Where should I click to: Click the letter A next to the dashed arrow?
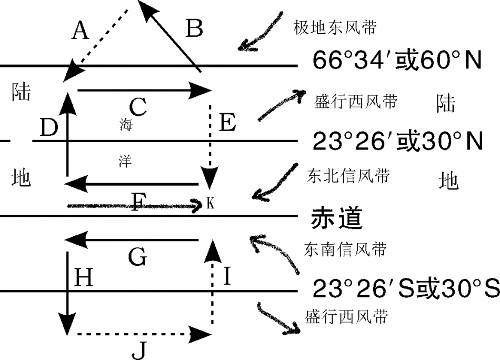pyautogui.click(x=80, y=31)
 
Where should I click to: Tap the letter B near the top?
pyautogui.click(x=194, y=29)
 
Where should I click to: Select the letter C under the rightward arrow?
pyautogui.click(x=137, y=108)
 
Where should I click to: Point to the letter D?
pyautogui.click(x=48, y=128)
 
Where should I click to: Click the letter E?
pyautogui.click(x=227, y=124)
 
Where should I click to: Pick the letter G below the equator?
pyautogui.click(x=137, y=258)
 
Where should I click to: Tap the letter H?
pyautogui.click(x=84, y=277)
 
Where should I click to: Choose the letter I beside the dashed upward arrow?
pyautogui.click(x=227, y=276)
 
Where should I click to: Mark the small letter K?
pyautogui.click(x=211, y=204)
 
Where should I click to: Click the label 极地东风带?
pyautogui.click(x=335, y=28)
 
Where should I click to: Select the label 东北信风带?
pyautogui.click(x=348, y=176)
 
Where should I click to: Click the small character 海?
pyautogui.click(x=126, y=125)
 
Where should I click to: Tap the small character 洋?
pyautogui.click(x=125, y=162)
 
